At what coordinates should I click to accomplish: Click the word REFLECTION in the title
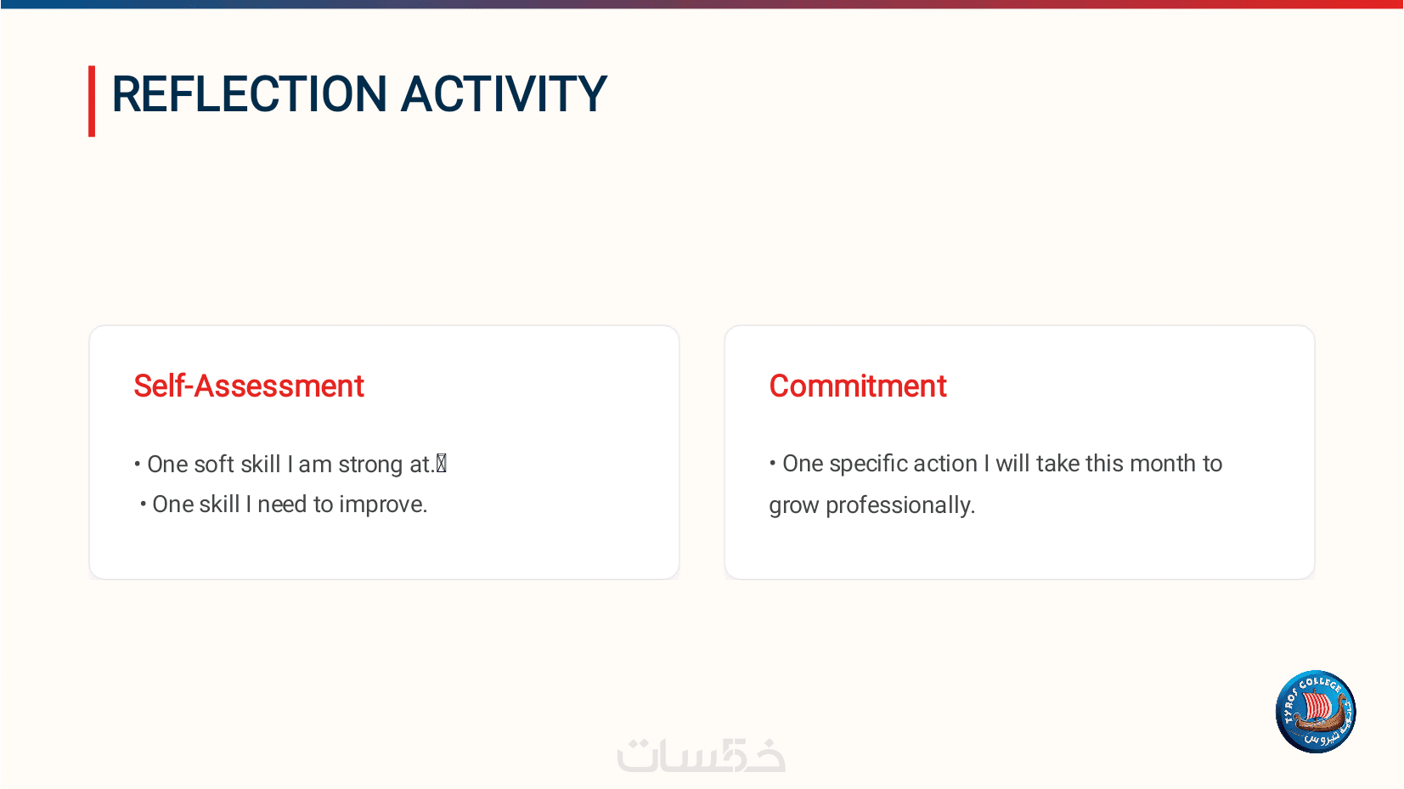click(249, 94)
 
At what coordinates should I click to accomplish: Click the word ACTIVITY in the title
click(504, 94)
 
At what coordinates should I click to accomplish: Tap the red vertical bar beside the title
click(92, 101)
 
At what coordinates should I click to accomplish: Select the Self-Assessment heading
click(249, 386)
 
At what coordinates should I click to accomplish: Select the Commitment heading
click(858, 386)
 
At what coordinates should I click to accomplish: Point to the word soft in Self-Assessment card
click(214, 465)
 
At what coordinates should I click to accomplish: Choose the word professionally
click(900, 505)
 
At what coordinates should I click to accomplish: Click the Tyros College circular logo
click(1316, 712)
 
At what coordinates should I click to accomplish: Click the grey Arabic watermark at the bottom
click(702, 755)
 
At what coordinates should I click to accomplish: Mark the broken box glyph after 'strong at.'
click(442, 464)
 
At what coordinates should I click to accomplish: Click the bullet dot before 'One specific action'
click(772, 463)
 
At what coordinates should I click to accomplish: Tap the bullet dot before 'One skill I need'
click(143, 504)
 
